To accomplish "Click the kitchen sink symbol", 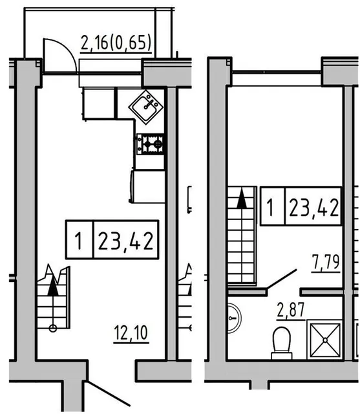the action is [x=146, y=107].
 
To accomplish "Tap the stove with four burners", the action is [x=150, y=144].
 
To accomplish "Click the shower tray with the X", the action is [x=325, y=340].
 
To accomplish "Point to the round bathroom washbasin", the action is [x=235, y=318].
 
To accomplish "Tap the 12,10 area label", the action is [x=131, y=332].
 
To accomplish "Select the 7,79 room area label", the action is [x=326, y=262].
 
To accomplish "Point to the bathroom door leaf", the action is [x=282, y=278].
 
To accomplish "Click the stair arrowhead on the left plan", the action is [x=53, y=286].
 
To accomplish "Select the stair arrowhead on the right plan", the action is [x=242, y=199].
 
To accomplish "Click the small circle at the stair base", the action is [x=53, y=329].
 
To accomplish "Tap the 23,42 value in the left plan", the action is [x=126, y=240].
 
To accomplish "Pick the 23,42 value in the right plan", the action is [x=313, y=207].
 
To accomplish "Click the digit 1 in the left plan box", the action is [x=78, y=241].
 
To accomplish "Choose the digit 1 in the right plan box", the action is [x=270, y=207].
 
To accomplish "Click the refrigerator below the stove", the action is [x=147, y=187].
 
